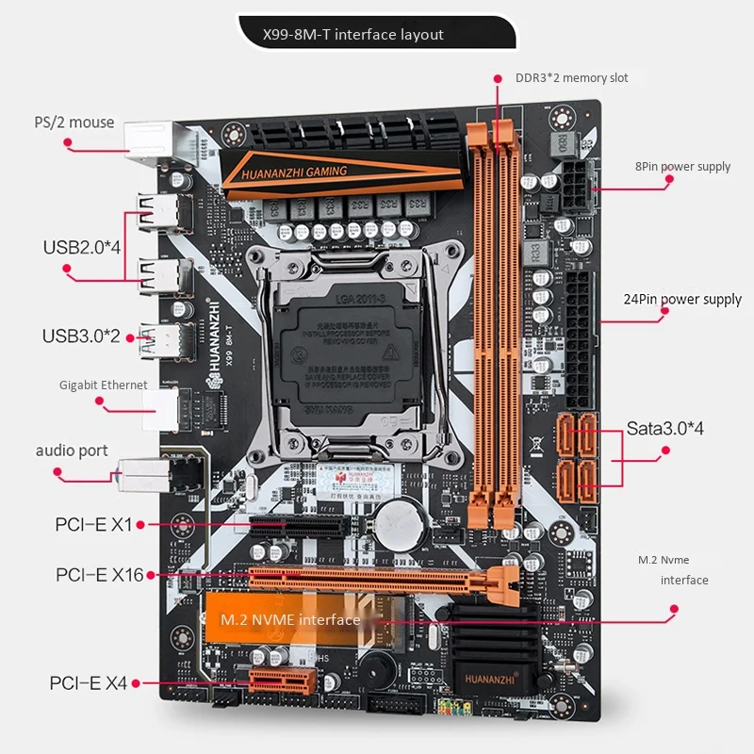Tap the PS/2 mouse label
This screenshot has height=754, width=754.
[x=74, y=123]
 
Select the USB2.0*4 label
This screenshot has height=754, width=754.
[x=82, y=248]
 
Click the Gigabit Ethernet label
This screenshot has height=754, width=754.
[x=104, y=385]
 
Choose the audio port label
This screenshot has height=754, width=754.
[x=72, y=451]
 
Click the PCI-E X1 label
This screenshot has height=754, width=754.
[x=94, y=524]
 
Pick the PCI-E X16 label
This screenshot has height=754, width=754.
[x=99, y=574]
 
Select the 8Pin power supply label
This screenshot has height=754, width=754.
[x=682, y=167]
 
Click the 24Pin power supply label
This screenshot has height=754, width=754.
[x=682, y=300]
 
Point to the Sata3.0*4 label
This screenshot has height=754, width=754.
[x=665, y=429]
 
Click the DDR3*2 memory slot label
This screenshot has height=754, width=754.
[x=571, y=78]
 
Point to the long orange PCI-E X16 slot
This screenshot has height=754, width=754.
[x=377, y=579]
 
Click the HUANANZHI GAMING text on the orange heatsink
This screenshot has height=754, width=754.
[x=294, y=172]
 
